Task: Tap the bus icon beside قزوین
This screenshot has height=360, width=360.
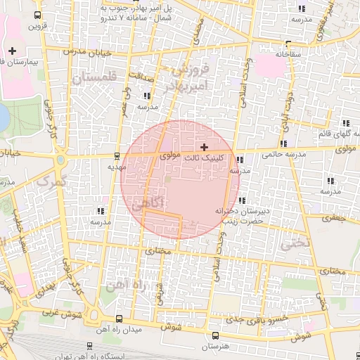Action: pos(37,15)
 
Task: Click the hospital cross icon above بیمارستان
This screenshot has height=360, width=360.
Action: pos(13,51)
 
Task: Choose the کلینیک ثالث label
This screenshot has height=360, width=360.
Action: pos(204,158)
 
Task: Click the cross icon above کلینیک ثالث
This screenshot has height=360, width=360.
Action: pos(204,147)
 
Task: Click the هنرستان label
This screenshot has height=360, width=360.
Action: pos(215,347)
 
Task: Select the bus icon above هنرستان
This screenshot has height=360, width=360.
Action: pos(215,336)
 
